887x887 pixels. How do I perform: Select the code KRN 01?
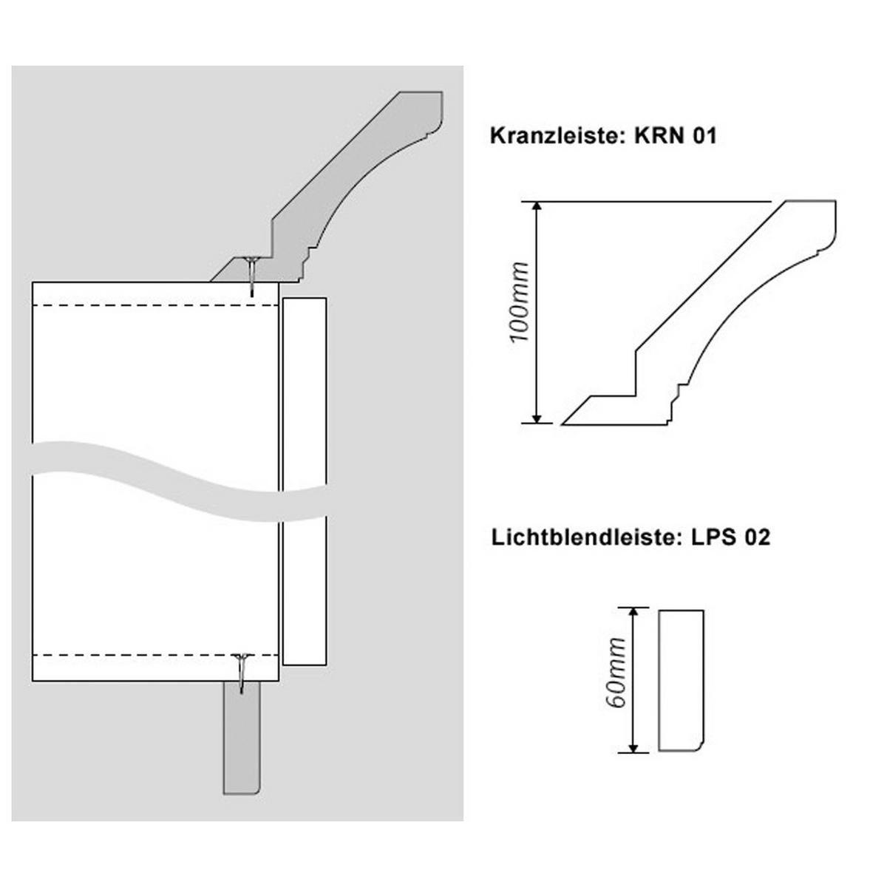676,136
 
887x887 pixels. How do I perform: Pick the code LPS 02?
730,537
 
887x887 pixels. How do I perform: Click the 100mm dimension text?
520,302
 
